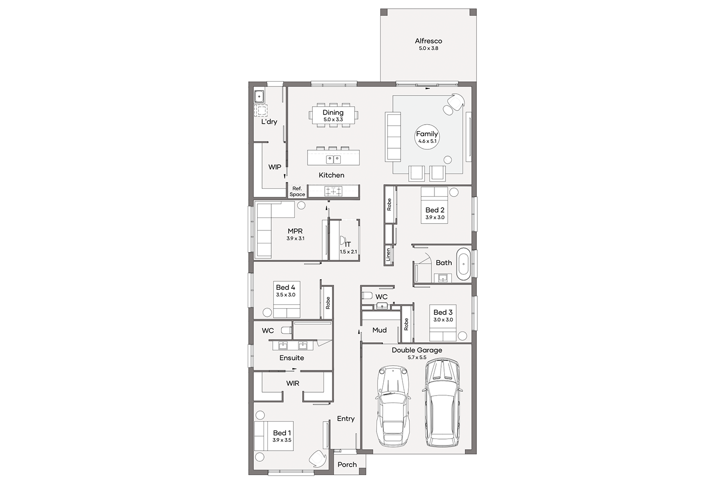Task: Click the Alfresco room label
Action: [428, 41]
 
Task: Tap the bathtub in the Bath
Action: [463, 264]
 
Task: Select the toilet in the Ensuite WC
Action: [286, 330]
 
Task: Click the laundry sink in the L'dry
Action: [259, 97]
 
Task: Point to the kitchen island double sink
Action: [333, 159]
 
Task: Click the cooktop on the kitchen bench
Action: [333, 191]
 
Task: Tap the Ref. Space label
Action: [297, 191]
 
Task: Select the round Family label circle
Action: [427, 137]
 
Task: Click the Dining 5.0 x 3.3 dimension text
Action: [333, 119]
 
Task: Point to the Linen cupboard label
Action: [388, 254]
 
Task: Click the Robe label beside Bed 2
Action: [389, 204]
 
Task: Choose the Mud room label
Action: [379, 330]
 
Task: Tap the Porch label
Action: [347, 465]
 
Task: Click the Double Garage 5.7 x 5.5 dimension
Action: [417, 357]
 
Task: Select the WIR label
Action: [292, 384]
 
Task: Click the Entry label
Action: [346, 419]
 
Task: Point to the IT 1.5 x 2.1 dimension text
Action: [348, 252]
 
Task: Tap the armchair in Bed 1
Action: [318, 458]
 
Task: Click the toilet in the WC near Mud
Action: [367, 296]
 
